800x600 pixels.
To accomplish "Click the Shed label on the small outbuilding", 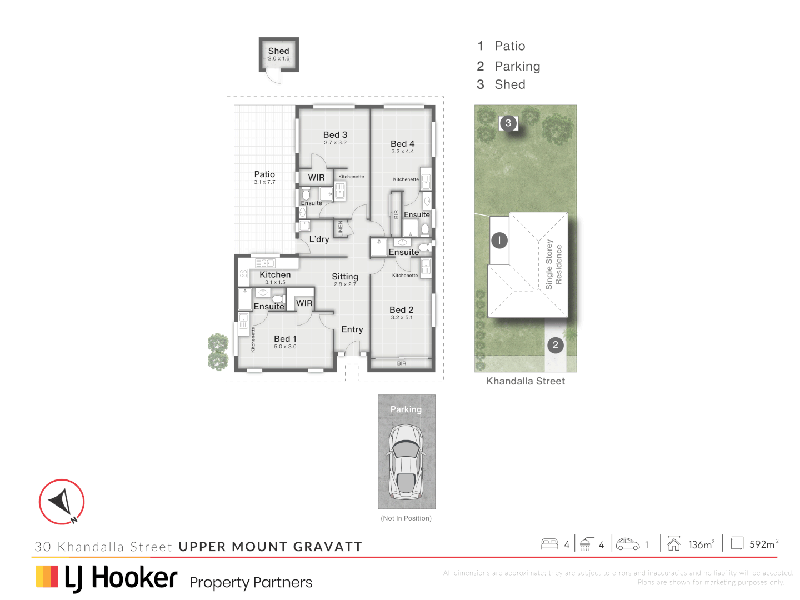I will [x=278, y=51].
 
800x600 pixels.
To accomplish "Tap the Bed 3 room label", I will [x=335, y=135].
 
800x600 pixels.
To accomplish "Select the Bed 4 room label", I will [x=402, y=144].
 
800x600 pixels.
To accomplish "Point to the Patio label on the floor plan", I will [x=264, y=174].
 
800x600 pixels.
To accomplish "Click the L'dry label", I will [x=319, y=239].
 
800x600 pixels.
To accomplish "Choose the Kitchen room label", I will [x=275, y=275].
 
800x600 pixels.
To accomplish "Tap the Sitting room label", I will [x=345, y=277].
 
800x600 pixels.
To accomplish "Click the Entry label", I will [x=352, y=329].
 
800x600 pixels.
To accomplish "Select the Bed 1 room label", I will [x=285, y=339].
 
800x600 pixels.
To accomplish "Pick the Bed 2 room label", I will [x=401, y=310].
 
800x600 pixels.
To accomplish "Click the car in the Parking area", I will [x=406, y=461].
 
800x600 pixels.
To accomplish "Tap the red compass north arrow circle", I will [x=62, y=502].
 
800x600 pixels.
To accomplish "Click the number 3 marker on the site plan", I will [x=508, y=123].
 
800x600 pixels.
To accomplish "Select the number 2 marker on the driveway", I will [x=555, y=345].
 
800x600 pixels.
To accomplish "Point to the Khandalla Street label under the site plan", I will [x=526, y=381].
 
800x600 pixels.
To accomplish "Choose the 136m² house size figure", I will [x=701, y=544].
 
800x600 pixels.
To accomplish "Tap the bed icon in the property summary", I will [x=549, y=544].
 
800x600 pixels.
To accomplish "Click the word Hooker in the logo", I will [x=134, y=578].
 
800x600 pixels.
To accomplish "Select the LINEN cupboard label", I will [x=341, y=228].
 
